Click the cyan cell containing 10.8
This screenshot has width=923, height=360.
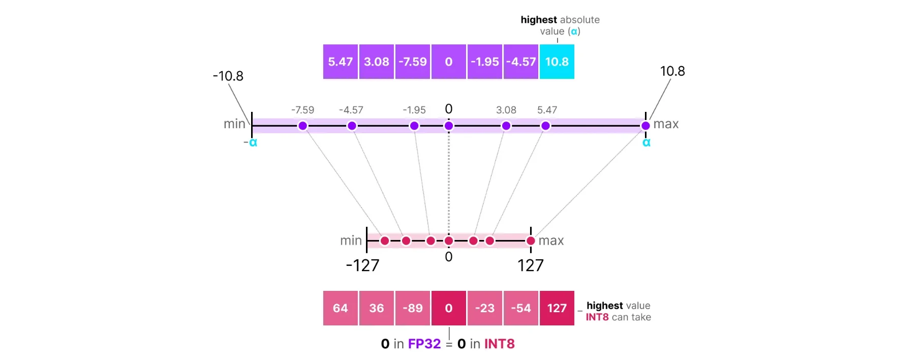point(557,62)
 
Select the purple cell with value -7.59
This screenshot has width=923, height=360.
point(412,62)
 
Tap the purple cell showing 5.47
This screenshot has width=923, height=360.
point(340,62)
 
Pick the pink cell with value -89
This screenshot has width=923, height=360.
point(412,308)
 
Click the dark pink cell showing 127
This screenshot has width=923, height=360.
point(557,308)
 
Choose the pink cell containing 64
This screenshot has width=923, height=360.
point(340,308)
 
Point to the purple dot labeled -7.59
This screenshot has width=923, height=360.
point(303,126)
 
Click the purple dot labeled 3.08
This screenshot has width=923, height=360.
point(506,126)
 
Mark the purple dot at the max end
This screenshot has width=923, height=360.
point(645,126)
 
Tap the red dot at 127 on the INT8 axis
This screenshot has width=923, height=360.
point(531,241)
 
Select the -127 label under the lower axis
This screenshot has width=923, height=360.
point(362,265)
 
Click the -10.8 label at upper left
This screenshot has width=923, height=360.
point(228,76)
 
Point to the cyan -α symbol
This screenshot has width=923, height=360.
point(251,143)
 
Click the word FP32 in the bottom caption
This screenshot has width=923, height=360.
point(424,344)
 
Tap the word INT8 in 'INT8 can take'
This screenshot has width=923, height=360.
point(597,317)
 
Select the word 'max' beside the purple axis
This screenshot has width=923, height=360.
point(666,124)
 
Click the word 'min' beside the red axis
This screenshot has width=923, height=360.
point(351,241)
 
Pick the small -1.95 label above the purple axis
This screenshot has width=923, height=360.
point(414,110)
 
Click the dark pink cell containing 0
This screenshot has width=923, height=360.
point(448,308)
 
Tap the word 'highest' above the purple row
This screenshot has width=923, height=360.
point(538,20)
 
